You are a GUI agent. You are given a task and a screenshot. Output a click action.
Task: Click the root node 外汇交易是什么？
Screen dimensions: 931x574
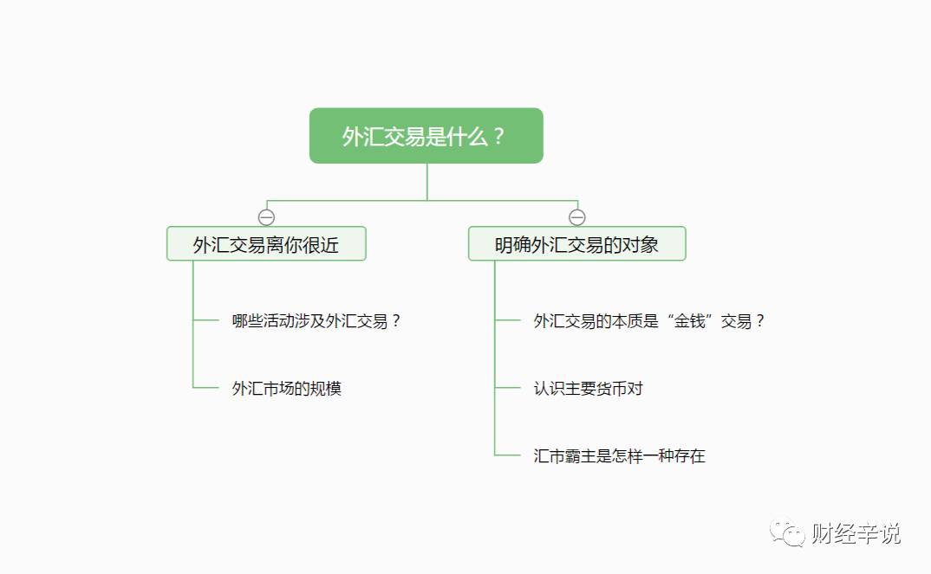[426, 136]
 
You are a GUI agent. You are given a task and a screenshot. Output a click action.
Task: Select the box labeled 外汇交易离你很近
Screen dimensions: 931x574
[266, 244]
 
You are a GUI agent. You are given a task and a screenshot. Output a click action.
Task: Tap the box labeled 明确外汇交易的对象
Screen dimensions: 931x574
[576, 244]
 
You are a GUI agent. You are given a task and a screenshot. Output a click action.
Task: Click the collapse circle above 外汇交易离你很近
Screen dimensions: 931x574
[267, 217]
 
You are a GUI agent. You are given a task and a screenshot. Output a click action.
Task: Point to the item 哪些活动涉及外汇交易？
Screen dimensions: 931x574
[316, 321]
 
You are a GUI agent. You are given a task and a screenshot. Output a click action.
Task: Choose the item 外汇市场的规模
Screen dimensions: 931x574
[287, 389]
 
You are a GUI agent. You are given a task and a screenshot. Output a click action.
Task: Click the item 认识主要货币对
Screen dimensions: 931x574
[588, 389]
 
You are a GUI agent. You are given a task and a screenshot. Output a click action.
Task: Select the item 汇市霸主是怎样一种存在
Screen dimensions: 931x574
[619, 456]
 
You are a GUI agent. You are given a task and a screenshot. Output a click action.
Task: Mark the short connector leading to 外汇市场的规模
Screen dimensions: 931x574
[206, 388]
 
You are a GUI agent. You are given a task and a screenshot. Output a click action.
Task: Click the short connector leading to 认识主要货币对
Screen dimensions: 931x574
[508, 388]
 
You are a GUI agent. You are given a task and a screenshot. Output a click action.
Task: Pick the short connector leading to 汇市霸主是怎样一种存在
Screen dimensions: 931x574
[508, 455]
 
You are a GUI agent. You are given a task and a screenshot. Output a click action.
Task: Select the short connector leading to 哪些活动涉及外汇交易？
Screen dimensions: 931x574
[206, 320]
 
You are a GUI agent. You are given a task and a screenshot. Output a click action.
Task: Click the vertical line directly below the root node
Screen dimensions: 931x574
[427, 182]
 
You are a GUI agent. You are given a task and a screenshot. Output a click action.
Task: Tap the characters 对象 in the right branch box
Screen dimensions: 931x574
[641, 245]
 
